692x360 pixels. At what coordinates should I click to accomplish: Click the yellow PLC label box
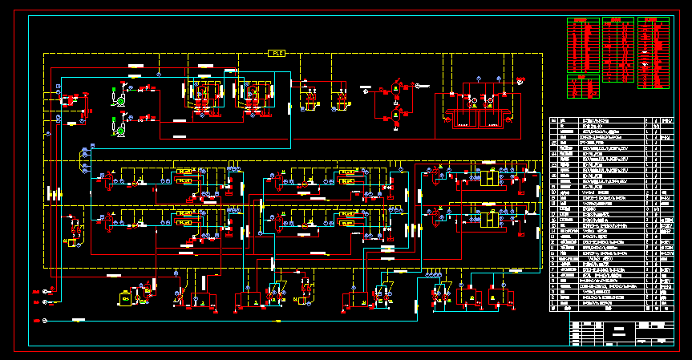point(277,54)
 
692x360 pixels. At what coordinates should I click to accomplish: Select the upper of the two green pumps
point(119,101)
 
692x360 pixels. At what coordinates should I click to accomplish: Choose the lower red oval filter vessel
point(395,116)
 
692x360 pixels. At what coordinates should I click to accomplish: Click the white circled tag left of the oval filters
point(366,91)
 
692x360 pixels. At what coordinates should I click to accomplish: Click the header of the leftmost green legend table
point(583,19)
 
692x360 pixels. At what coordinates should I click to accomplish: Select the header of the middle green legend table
point(618,19)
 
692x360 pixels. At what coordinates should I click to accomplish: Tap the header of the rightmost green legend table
point(653,19)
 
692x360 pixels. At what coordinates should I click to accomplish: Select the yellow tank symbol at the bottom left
point(125,297)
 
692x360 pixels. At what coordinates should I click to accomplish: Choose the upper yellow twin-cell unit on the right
point(488,178)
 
